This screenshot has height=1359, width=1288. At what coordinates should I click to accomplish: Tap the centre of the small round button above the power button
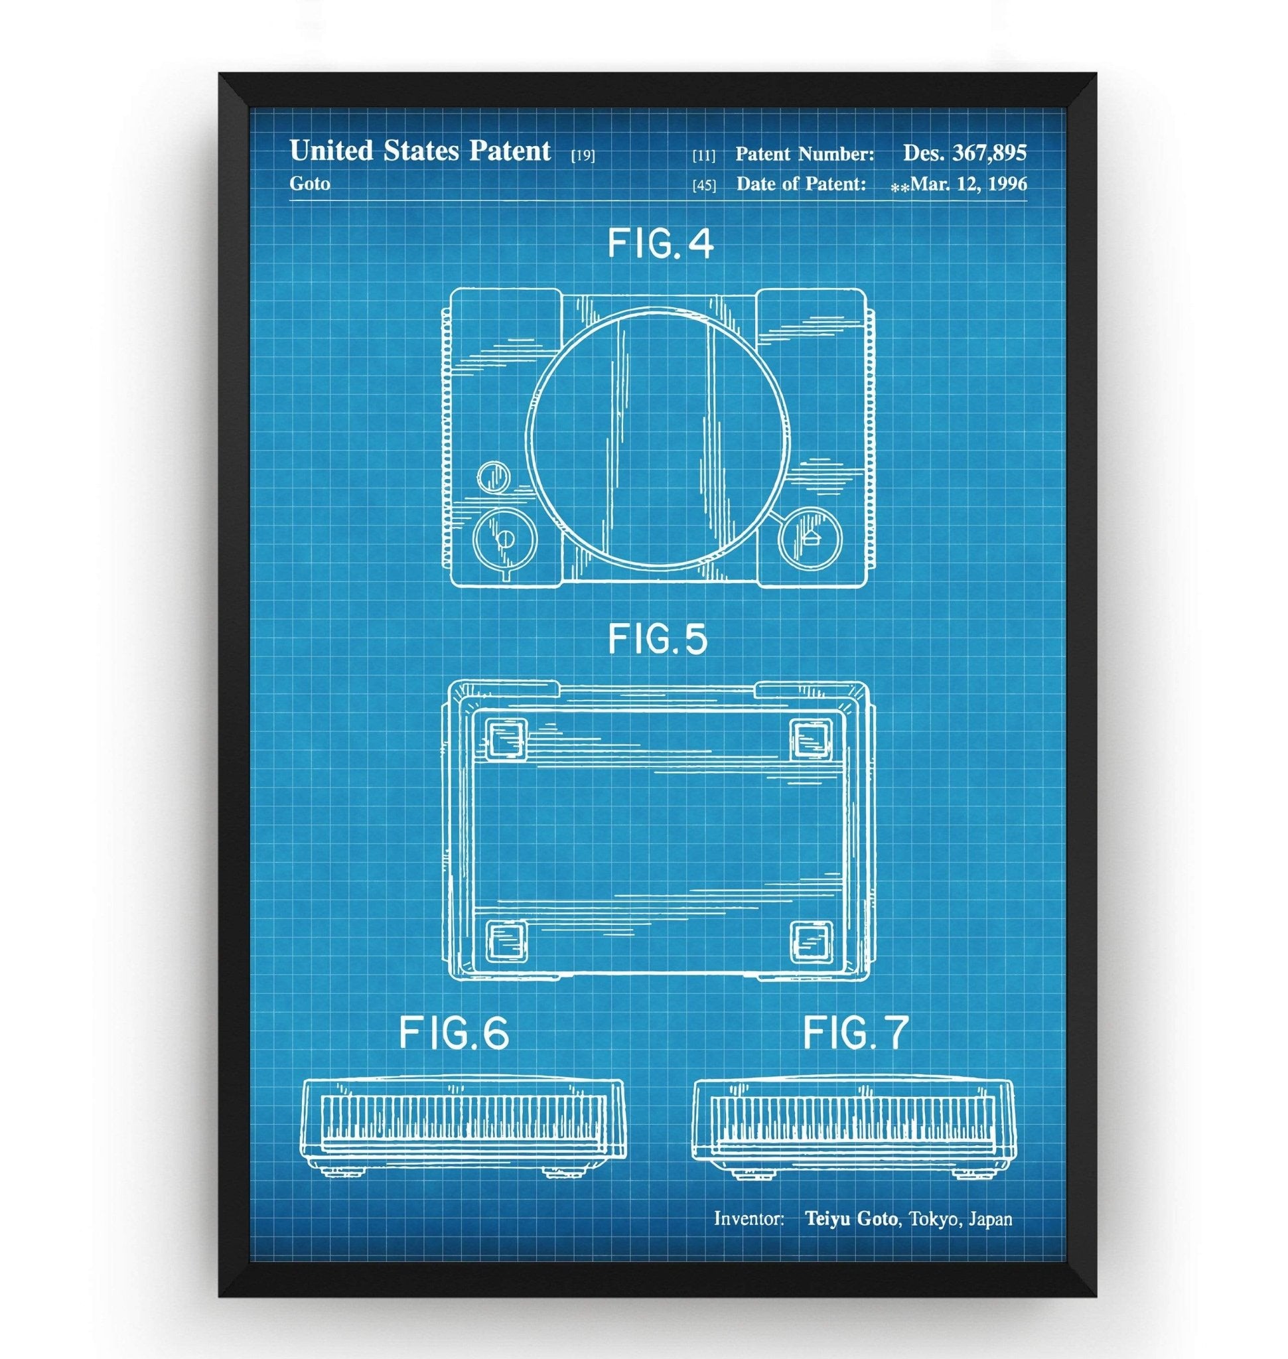pos(493,475)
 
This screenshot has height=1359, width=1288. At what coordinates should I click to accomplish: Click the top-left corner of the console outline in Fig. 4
pos(451,290)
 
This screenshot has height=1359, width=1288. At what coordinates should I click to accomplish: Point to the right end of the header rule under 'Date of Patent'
pos(1027,201)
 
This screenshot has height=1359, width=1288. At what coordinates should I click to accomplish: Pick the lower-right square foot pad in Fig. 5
pos(812,941)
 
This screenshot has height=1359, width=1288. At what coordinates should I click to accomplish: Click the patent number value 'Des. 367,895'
pos(965,153)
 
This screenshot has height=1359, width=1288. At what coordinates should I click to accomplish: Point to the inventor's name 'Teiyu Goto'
pos(851,1219)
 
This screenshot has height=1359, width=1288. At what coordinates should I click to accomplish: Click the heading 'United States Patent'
pos(420,151)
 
